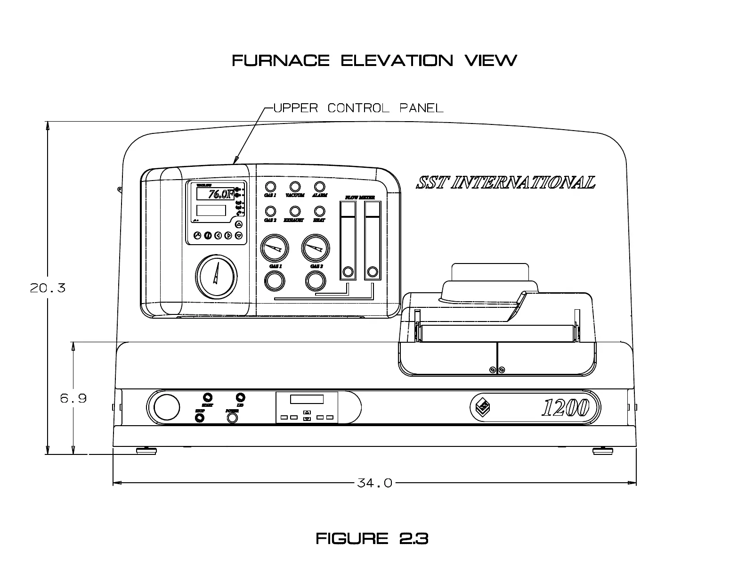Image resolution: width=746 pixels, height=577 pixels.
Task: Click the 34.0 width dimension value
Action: point(375,483)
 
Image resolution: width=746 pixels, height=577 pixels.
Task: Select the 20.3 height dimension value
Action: point(48,288)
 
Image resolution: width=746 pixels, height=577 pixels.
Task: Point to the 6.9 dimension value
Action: point(73,398)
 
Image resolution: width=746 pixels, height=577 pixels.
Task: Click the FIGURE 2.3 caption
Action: point(372,538)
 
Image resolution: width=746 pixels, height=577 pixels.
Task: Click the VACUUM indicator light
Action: point(295,187)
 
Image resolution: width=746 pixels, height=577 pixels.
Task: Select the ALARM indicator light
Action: point(319,187)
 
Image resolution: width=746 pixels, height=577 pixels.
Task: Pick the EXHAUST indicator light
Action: point(295,211)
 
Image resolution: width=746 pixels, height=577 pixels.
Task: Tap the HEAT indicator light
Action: point(319,211)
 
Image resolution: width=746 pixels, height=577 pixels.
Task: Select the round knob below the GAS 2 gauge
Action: point(316,281)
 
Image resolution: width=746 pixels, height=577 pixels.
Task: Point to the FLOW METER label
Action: point(360,197)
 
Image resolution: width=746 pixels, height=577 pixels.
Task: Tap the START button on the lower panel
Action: point(207,397)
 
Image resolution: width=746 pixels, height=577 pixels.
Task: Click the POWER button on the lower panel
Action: point(232,418)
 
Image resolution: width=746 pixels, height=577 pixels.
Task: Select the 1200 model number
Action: point(565,408)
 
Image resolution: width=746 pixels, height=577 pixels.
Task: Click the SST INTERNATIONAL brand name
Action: point(505,182)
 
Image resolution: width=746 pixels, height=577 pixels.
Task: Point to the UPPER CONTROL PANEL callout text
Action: point(358,108)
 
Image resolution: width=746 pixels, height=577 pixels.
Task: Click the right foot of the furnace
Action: point(602,451)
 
